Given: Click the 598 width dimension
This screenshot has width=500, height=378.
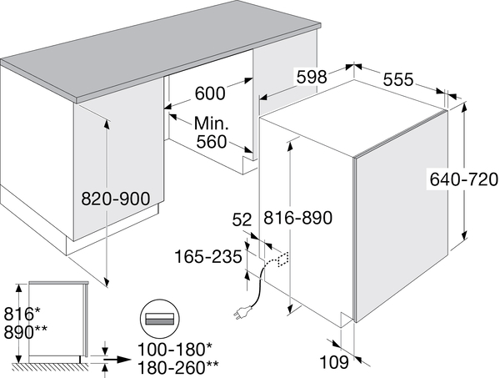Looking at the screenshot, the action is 312,77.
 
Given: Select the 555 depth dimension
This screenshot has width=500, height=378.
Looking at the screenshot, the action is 398,79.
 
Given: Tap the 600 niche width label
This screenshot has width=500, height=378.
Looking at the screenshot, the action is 210,93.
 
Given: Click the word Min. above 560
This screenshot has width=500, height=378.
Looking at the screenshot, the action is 212,123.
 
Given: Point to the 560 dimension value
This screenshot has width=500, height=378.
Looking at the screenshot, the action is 212,142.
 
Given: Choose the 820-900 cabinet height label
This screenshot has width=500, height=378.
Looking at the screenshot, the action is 116,199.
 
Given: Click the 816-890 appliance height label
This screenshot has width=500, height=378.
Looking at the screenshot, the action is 297,218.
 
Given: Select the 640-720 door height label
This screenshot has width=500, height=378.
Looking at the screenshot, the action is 463,179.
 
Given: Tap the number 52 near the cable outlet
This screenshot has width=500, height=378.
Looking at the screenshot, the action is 242,219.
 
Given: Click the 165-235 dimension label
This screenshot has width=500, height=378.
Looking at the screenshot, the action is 208,257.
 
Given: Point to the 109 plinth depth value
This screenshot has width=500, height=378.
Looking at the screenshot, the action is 334,362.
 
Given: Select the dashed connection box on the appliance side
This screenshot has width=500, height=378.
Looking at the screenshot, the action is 283,260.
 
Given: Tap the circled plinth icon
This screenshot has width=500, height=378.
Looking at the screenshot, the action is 160,318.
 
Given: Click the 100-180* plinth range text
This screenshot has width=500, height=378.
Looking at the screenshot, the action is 175,350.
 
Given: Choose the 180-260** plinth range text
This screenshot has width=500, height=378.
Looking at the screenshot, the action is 178,367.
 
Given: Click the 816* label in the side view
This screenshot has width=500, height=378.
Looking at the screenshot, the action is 22,314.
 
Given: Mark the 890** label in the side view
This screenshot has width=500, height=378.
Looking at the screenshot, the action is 26,332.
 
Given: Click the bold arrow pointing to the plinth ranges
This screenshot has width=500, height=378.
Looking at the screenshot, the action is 117,360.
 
